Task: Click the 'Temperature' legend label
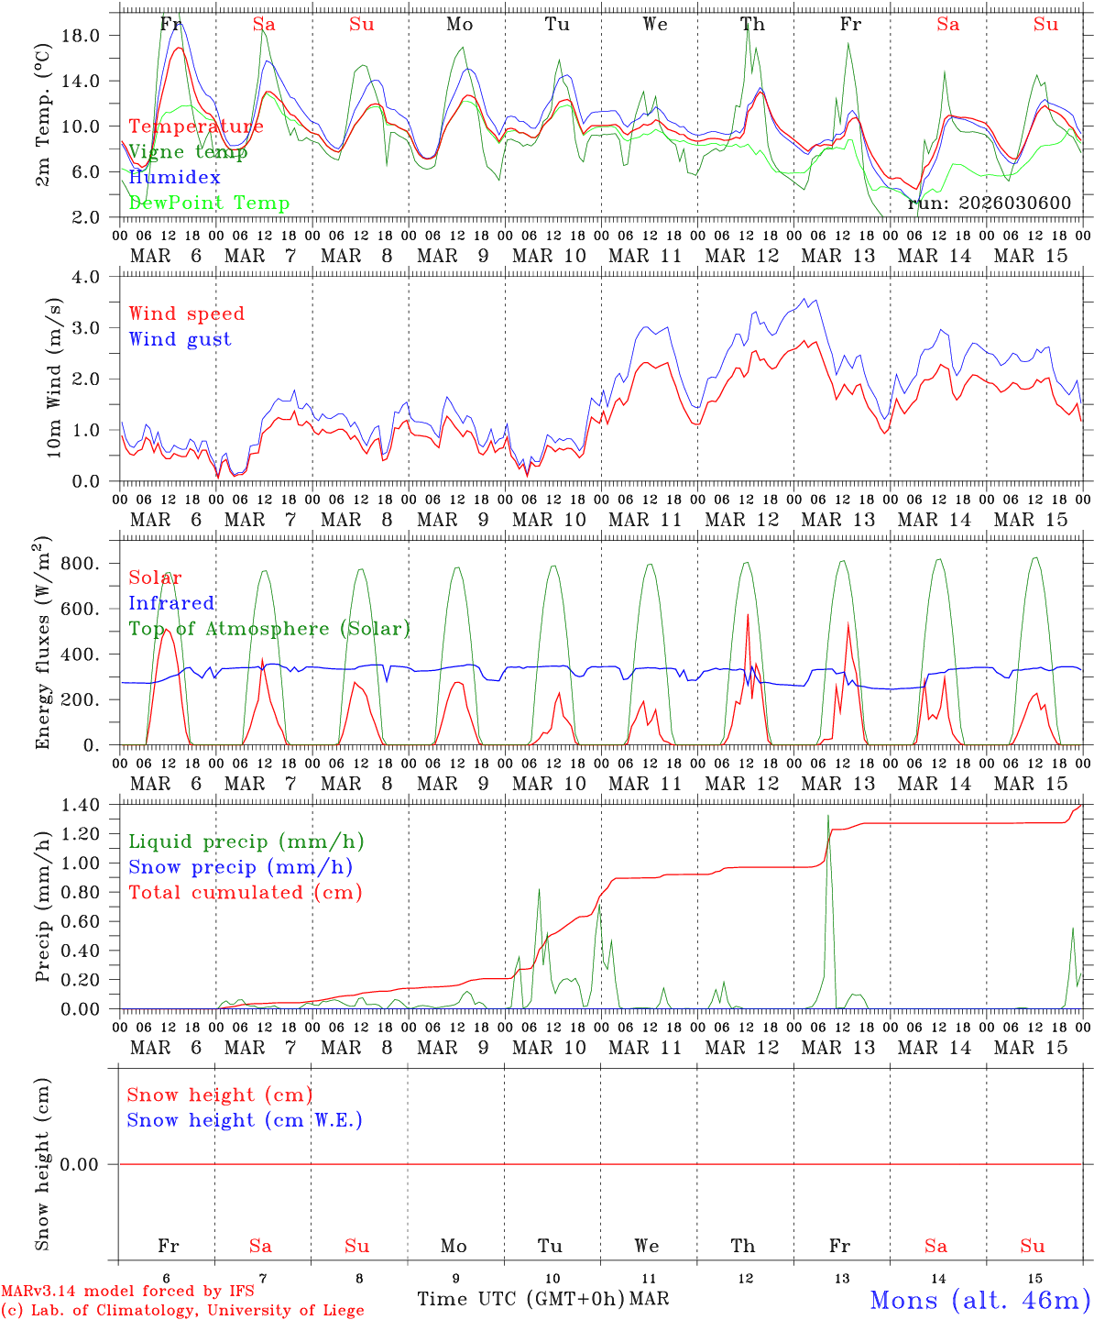pyautogui.click(x=196, y=126)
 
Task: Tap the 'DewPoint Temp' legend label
pyautogui.click(x=209, y=203)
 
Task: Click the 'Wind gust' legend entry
pyautogui.click(x=180, y=339)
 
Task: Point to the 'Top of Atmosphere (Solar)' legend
pyautogui.click(x=269, y=629)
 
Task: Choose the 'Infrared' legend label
pyautogui.click(x=171, y=603)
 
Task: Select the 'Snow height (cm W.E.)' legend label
pyautogui.click(x=245, y=1120)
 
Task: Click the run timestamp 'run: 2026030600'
pyautogui.click(x=990, y=203)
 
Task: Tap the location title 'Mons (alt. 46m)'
pyautogui.click(x=979, y=1300)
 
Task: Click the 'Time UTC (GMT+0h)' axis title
pyautogui.click(x=520, y=1299)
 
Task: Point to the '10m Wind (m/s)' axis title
pyautogui.click(x=54, y=378)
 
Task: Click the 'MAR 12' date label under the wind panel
pyautogui.click(x=742, y=520)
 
